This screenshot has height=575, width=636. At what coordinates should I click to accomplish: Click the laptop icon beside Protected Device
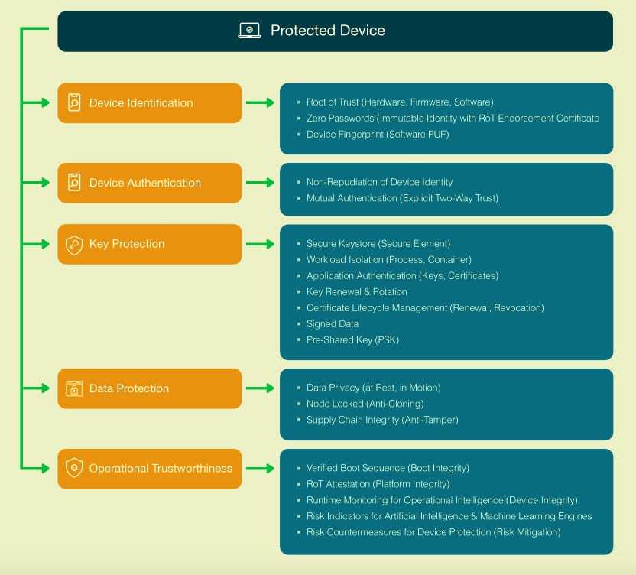[x=250, y=31]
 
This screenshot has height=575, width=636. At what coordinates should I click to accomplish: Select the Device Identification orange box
[x=150, y=103]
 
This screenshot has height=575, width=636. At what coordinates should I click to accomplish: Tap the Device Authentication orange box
[x=150, y=183]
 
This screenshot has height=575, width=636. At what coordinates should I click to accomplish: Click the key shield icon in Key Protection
[x=74, y=245]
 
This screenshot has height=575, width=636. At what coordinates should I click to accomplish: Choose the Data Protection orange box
[x=150, y=388]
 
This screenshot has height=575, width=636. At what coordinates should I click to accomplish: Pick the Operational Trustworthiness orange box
[x=150, y=469]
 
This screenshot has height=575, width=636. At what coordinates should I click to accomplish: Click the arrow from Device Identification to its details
[x=260, y=102]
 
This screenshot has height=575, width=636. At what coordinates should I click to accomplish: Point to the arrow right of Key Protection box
[x=260, y=244]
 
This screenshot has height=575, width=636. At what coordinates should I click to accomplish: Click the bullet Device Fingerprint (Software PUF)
[x=368, y=135]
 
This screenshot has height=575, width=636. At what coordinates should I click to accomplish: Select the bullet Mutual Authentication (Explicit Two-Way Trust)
[x=402, y=198]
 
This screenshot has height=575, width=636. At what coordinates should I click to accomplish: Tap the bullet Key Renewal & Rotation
[x=356, y=291]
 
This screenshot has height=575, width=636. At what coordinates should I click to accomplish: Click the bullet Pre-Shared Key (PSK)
[x=352, y=339]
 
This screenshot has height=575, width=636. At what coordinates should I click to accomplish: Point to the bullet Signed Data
[x=332, y=323]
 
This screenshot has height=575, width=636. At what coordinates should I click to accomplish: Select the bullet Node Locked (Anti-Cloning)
[x=365, y=404]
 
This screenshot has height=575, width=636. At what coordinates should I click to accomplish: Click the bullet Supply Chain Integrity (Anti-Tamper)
[x=382, y=420]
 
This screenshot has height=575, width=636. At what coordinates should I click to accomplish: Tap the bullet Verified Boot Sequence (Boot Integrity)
[x=388, y=468]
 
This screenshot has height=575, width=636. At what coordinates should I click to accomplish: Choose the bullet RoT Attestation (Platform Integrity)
[x=378, y=484]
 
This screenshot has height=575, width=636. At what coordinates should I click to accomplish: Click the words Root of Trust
[x=333, y=102]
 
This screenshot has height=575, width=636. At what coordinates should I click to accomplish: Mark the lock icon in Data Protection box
[x=74, y=388]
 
